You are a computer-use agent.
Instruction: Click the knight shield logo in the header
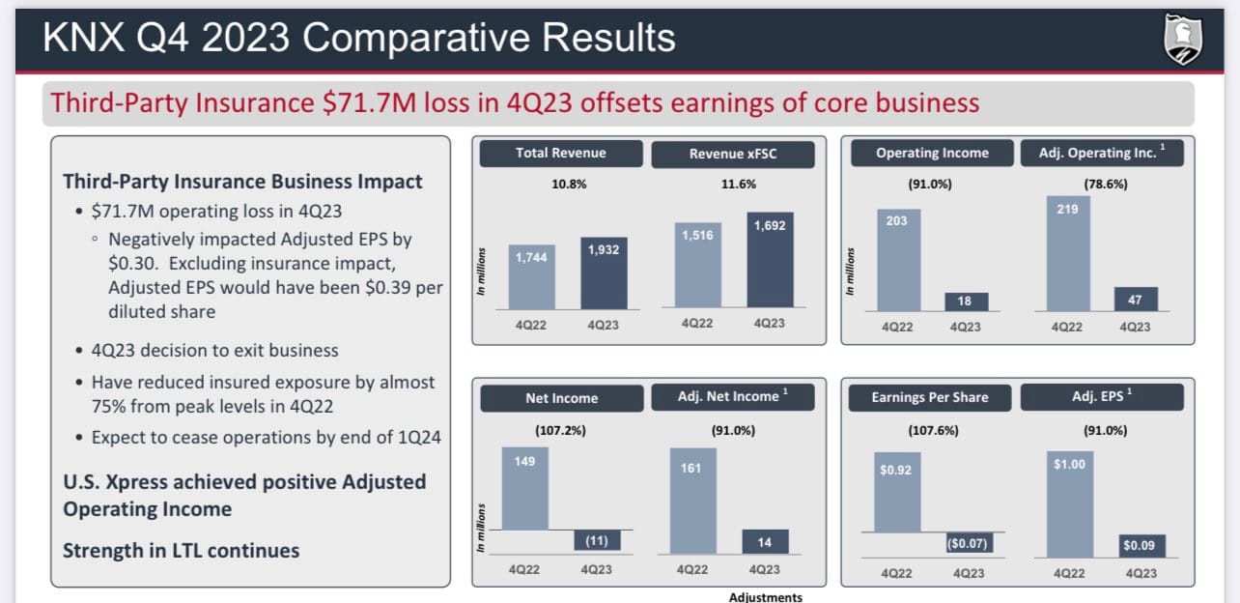point(1183,39)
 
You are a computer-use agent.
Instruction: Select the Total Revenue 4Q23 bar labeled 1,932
point(604,273)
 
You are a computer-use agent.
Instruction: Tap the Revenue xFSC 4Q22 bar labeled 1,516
point(697,265)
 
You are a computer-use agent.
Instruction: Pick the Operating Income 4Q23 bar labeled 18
point(966,301)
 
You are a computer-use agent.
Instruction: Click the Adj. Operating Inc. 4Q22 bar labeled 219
point(1068,253)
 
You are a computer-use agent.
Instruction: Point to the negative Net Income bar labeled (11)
point(597,540)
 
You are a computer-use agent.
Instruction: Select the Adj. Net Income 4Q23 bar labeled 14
point(765,541)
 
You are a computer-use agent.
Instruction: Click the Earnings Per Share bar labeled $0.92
point(897,492)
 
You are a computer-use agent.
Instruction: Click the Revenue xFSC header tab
point(733,154)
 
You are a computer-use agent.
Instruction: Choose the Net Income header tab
point(562,398)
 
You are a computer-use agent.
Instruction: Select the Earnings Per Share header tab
point(930,397)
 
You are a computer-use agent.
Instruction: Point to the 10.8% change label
point(569,184)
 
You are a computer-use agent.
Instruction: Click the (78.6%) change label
point(1106,184)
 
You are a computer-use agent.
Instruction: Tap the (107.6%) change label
point(933,430)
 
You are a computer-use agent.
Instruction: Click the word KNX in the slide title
point(84,38)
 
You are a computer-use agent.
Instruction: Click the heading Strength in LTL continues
point(181,551)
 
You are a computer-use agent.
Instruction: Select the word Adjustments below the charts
point(766,597)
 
